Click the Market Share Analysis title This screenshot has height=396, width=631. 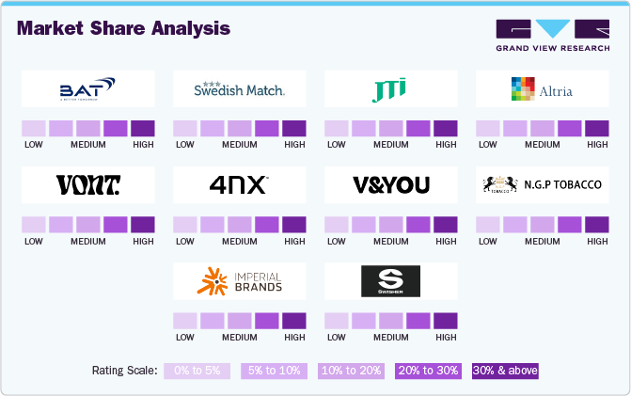click(123, 28)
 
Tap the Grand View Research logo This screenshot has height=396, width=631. click(552, 34)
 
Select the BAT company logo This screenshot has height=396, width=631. click(87, 90)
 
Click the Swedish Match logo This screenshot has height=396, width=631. click(239, 89)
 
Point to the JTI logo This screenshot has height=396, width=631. click(390, 90)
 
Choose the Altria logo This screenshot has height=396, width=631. click(541, 90)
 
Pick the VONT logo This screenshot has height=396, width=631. click(87, 184)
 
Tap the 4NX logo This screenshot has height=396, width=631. click(239, 184)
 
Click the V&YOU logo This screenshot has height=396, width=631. click(390, 184)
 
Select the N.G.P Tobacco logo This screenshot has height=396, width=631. click(541, 184)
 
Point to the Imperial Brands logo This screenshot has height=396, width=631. click(239, 280)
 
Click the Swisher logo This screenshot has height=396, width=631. click(390, 280)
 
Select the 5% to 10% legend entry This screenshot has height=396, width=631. click(274, 371)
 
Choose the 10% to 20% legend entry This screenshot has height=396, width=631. click(351, 371)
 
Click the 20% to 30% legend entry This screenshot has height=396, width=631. click(428, 371)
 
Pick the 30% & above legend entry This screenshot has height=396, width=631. click(505, 371)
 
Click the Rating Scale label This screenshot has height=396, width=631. click(125, 371)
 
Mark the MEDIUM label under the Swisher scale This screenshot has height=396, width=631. click(390, 337)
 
